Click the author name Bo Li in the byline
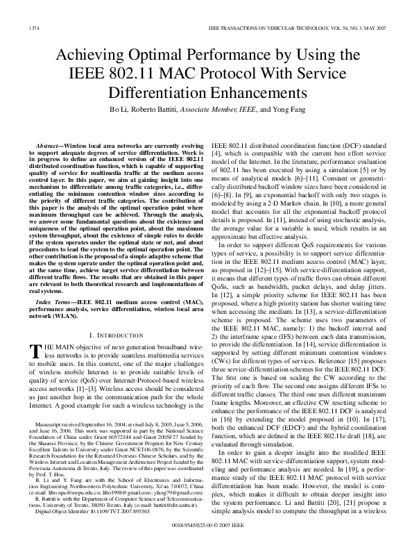[117, 110]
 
